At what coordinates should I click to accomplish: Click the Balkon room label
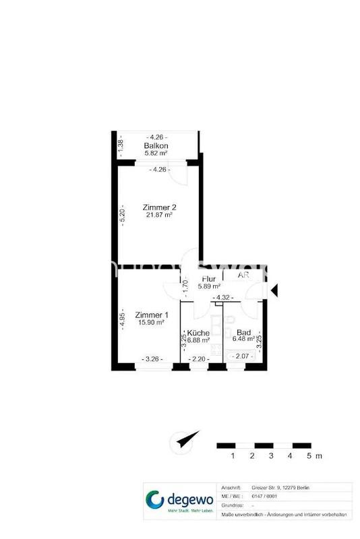[156, 146]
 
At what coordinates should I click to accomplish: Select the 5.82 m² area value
[156, 154]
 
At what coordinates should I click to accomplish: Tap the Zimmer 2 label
[160, 207]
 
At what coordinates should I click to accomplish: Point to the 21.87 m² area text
[160, 215]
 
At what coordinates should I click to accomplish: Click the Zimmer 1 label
[152, 315]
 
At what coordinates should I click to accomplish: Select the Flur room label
[208, 278]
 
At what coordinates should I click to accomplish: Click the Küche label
[198, 333]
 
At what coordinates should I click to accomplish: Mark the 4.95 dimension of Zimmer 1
[122, 319]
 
